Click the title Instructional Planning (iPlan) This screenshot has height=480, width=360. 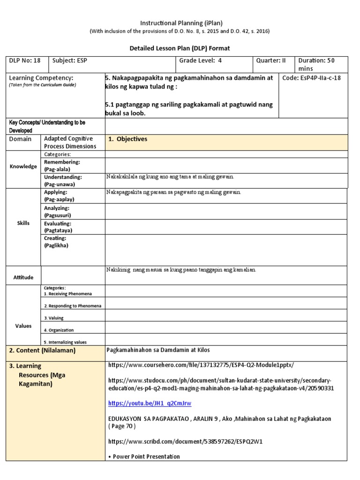(x=180, y=22)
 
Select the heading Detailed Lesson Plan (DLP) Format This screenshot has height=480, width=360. (x=180, y=48)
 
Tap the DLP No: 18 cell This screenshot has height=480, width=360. (x=24, y=60)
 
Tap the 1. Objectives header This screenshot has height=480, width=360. (x=127, y=139)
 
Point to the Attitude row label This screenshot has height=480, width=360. (x=23, y=277)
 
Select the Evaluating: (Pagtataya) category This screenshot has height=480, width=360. (x=58, y=227)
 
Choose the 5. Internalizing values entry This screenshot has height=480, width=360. (x=65, y=342)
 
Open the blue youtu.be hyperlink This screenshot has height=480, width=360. (x=150, y=403)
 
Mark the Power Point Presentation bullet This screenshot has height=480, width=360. (x=145, y=457)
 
